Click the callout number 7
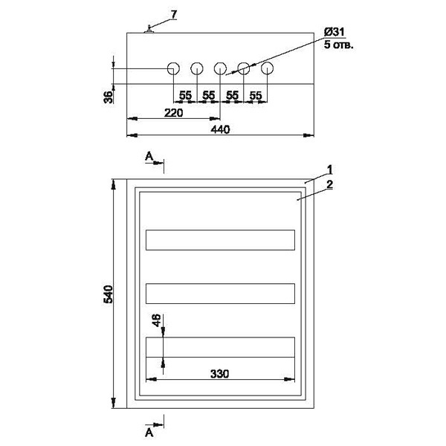[x=174, y=16]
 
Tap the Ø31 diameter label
[x=334, y=33]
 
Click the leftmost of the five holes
[x=173, y=69]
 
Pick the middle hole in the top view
[x=220, y=69]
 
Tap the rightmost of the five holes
[x=267, y=69]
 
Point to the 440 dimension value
[x=220, y=129]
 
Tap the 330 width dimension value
[x=219, y=374]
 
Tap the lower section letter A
[x=149, y=431]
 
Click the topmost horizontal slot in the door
[x=220, y=239]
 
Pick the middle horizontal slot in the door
[x=220, y=293]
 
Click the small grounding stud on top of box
[x=149, y=29]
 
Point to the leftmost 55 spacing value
[x=185, y=96]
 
